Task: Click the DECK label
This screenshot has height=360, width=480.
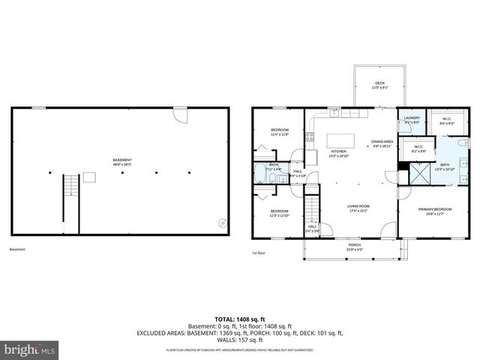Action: coord(379,85)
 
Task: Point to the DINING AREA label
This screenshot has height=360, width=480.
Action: coord(382,143)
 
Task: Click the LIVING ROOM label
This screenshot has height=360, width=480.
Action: coord(358,208)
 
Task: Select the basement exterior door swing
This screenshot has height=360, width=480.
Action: coord(180,114)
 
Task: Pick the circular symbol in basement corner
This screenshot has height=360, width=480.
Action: coord(222,222)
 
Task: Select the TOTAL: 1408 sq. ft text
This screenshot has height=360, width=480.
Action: coord(239,317)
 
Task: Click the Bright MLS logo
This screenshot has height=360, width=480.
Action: coord(29,349)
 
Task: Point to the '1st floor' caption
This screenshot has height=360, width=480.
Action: coord(259,253)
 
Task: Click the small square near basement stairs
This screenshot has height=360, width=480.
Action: coord(90,176)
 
